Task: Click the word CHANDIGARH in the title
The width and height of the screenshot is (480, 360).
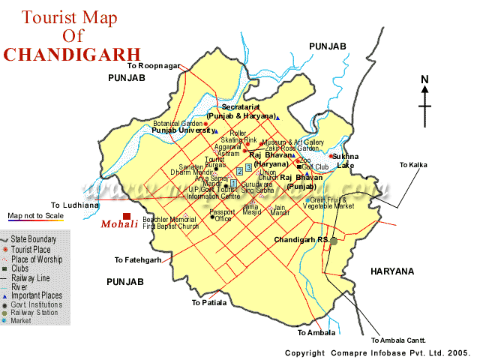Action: pos(71,54)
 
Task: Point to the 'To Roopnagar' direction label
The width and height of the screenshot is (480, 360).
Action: pos(154,66)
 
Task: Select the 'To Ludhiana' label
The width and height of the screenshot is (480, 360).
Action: pos(75,205)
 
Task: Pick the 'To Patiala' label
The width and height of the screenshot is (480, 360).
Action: pos(208,303)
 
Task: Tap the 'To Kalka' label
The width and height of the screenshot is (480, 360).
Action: pos(412,164)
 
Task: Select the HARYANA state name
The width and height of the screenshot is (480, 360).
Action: pos(391,271)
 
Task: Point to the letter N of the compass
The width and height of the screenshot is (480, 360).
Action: pos(424,79)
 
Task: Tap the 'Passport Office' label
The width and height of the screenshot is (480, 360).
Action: pos(222,215)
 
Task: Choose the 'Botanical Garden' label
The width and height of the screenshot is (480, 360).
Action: pos(178,124)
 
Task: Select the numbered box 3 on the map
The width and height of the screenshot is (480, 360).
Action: pos(249,167)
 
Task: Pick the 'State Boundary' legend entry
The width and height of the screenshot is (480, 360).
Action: pos(33,237)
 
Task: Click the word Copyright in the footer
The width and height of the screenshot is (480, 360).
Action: pos(306,352)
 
